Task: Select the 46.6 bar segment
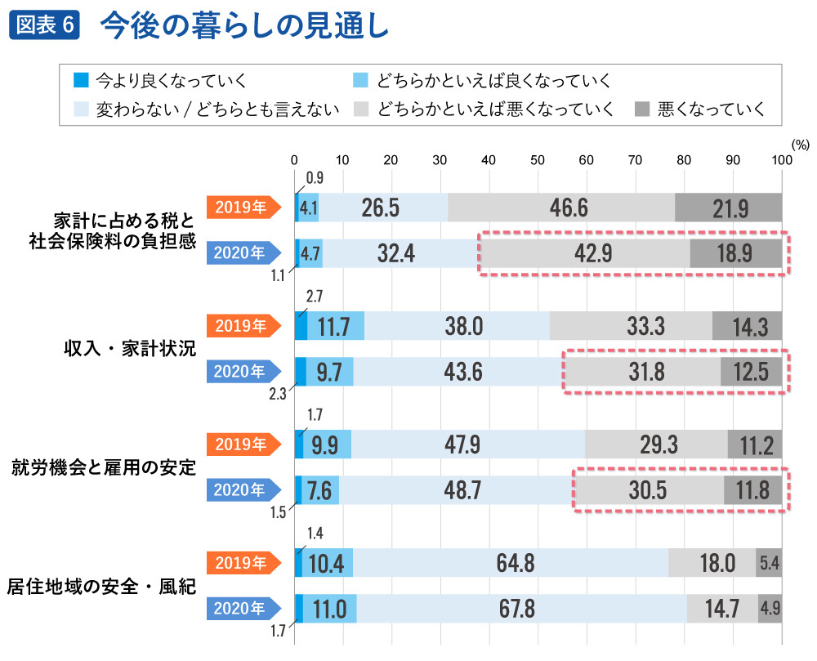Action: [x=562, y=208]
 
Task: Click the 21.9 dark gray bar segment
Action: [x=729, y=208]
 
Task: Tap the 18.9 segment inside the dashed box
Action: [x=735, y=253]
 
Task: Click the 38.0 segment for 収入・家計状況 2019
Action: [x=457, y=327]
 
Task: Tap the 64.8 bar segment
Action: [x=511, y=564]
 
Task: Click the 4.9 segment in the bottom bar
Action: [x=770, y=609]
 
